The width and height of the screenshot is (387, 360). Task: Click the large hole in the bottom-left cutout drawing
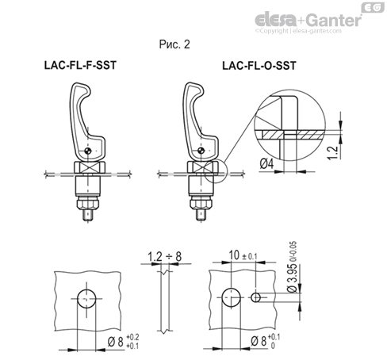[87, 298]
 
